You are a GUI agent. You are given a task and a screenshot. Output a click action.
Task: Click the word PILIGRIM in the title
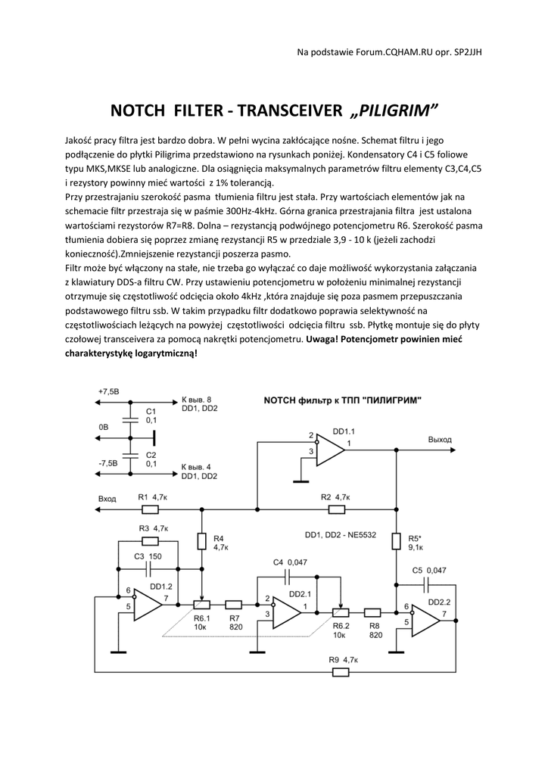(396, 113)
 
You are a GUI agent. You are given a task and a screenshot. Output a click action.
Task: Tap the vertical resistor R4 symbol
(202, 541)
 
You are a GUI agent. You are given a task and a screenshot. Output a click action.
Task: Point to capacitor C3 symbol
(148, 568)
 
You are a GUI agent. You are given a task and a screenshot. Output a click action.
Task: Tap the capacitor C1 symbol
(131, 416)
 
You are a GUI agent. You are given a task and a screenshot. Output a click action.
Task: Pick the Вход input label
(107, 500)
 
